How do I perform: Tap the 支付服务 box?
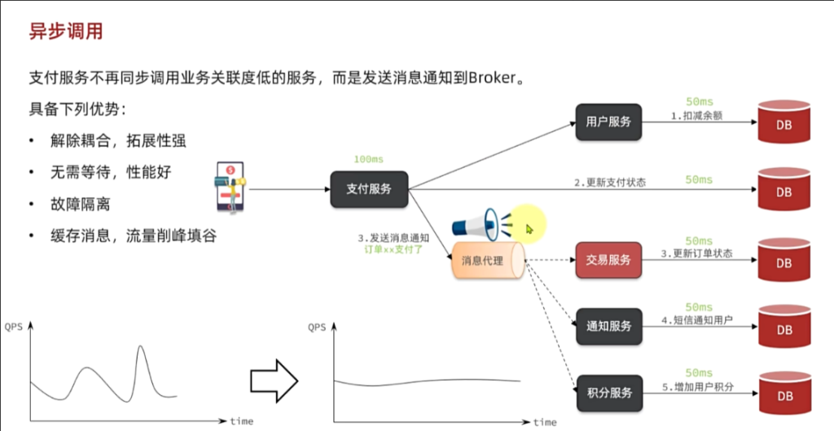(369, 189)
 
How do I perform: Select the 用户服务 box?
(608, 122)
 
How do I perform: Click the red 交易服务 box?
(608, 260)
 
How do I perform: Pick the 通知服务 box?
(608, 326)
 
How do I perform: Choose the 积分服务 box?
(608, 393)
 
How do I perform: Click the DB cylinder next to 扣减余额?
(783, 124)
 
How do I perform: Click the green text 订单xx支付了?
(395, 250)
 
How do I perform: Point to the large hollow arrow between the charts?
(274, 377)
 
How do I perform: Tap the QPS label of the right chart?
(317, 328)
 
